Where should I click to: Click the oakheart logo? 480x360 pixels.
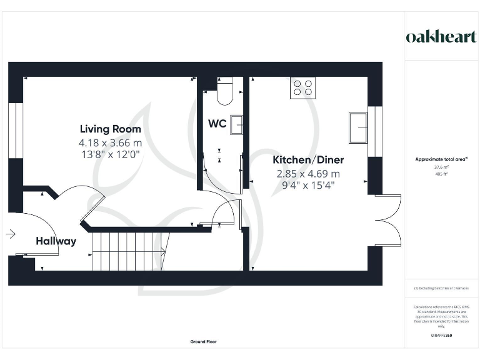coord(441,36)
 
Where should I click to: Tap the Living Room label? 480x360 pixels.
coord(110,129)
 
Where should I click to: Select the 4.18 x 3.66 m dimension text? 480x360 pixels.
coord(110,143)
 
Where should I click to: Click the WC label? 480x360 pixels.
coord(217,123)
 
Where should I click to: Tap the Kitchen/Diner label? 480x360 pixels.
coord(307,160)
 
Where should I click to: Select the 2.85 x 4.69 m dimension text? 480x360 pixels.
coord(307,174)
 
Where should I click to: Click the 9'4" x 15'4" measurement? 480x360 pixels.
coord(307,186)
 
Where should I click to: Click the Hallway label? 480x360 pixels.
coord(56,241)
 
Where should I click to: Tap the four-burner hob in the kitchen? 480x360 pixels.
coord(303,87)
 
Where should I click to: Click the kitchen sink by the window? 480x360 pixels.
coord(359,127)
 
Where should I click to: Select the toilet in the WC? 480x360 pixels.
coord(224,91)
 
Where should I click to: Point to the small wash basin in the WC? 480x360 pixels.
coord(236,124)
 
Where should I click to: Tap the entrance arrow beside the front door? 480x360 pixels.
coord(10,234)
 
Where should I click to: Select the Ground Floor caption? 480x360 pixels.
coord(203,342)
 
